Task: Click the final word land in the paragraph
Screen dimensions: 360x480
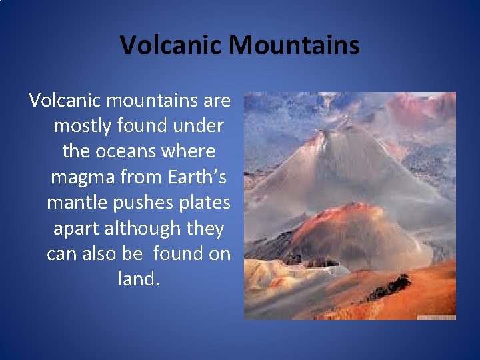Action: pyautogui.click(x=137, y=279)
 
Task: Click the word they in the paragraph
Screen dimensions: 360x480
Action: pyautogui.click(x=205, y=228)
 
